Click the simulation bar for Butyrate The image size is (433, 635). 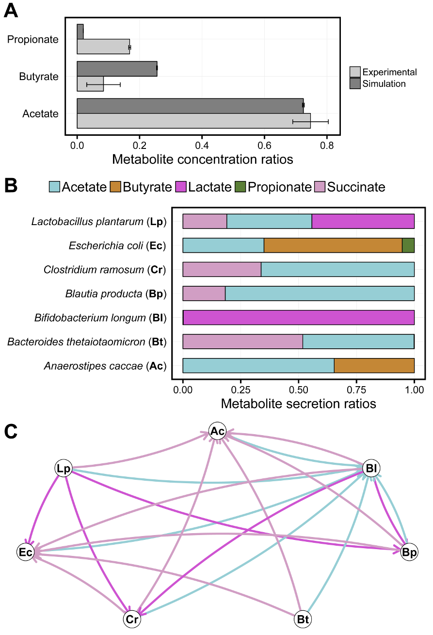[117, 69]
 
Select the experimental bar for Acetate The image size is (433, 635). [194, 121]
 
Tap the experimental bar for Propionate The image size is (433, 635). [103, 47]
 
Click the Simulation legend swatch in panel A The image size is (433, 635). [355, 83]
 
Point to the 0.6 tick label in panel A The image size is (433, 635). [264, 146]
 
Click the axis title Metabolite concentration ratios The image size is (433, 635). [203, 159]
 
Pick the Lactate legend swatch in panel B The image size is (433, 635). [181, 187]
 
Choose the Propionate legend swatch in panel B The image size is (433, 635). [241, 187]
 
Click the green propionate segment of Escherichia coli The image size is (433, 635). [408, 245]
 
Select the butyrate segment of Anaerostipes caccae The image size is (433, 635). [374, 366]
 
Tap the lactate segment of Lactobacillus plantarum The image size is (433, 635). [363, 221]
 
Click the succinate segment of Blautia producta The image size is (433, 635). [204, 293]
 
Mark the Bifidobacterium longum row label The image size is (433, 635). [100, 318]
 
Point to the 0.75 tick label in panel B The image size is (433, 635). [356, 390]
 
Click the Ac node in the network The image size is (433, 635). [217, 431]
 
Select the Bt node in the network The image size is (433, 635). [303, 619]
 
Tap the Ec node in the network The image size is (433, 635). [26, 552]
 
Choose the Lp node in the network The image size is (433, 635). [64, 468]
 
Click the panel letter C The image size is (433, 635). [11, 432]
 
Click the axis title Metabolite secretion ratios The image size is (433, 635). [298, 404]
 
